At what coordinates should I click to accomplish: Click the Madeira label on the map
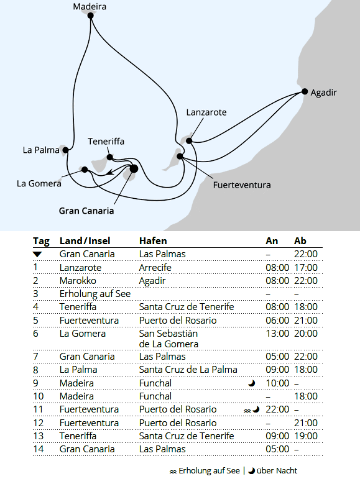pos(90,7)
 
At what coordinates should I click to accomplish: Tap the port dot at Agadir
pos(305,92)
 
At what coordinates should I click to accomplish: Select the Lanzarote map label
pos(206,112)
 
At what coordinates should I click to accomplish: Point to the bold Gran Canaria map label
pos(86,211)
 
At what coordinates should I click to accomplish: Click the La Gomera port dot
pos(85,169)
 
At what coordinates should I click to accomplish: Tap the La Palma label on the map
pos(40,150)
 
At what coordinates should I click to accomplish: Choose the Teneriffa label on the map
pos(106,141)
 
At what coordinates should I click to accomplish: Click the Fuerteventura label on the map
pos(242,185)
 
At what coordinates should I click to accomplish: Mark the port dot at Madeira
pos(91,17)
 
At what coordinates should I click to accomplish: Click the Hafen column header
pos(153,241)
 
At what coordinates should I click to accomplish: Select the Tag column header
pos(41,241)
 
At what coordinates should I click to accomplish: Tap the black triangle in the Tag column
pos(37,255)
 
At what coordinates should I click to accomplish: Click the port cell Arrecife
pos(155,267)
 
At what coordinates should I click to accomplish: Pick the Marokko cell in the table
pos(76,280)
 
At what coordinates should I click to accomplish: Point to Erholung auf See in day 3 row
pos(95,293)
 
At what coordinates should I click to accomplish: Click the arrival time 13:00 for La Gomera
pos(277,333)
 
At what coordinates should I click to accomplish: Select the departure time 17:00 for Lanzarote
pos(306,267)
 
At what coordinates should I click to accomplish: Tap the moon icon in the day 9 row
pos(252,383)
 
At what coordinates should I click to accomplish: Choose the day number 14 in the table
pos(39,449)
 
